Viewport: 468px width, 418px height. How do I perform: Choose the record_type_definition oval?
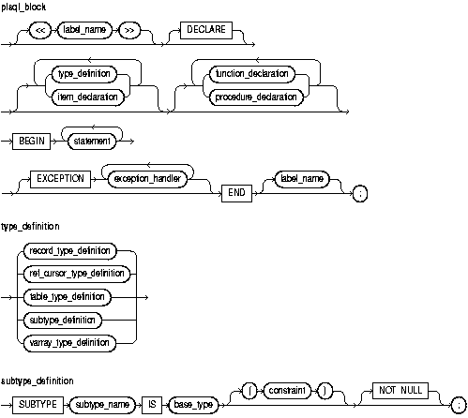pos(73,250)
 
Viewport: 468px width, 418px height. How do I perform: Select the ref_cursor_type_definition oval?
pos(73,273)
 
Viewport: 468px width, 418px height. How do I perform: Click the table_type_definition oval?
pos(73,295)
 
